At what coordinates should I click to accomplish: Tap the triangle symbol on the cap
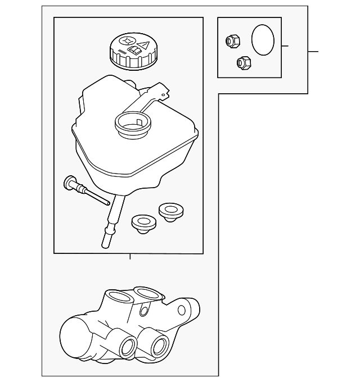tap(143, 45)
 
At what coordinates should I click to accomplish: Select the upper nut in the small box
tap(232, 40)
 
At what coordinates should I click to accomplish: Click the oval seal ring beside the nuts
tap(262, 40)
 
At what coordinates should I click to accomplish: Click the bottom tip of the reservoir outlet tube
tap(105, 243)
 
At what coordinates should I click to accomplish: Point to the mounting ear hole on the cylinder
tap(182, 310)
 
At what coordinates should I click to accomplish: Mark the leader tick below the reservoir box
tap(130, 257)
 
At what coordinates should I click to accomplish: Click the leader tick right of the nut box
tap(285, 46)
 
